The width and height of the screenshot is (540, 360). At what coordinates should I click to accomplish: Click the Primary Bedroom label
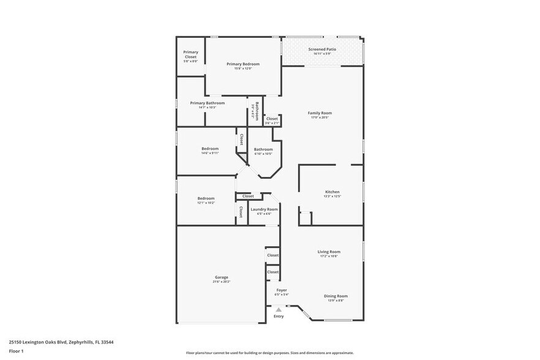pos(243,64)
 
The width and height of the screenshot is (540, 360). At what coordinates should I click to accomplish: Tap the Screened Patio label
pos(321,49)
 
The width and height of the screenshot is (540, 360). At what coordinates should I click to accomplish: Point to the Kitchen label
pos(332,192)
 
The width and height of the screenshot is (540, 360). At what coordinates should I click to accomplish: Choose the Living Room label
pos(329,252)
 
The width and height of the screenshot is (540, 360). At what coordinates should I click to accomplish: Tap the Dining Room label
pos(336,296)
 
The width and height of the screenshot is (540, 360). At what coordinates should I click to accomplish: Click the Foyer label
pos(282,290)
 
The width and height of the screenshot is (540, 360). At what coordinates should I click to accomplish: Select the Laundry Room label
pos(264,209)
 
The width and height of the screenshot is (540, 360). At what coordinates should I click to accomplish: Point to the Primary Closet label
pos(190,54)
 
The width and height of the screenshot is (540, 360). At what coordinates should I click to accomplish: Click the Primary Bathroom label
pos(207,103)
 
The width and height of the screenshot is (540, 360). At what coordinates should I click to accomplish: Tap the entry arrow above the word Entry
pos(279,310)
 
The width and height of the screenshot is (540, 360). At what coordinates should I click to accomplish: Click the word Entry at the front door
pos(279,317)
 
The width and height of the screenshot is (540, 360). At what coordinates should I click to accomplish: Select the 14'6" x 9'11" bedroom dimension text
pos(210,153)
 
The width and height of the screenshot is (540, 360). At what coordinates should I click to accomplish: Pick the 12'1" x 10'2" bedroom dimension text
pos(206,203)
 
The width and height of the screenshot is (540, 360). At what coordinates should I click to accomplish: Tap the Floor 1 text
pos(16,351)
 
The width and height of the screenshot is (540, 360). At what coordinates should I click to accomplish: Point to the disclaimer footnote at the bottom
pos(269,353)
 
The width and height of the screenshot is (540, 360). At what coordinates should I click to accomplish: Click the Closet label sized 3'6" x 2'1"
pos(272,119)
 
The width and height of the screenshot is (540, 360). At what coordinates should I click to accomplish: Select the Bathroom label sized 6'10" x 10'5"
pos(263,149)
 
